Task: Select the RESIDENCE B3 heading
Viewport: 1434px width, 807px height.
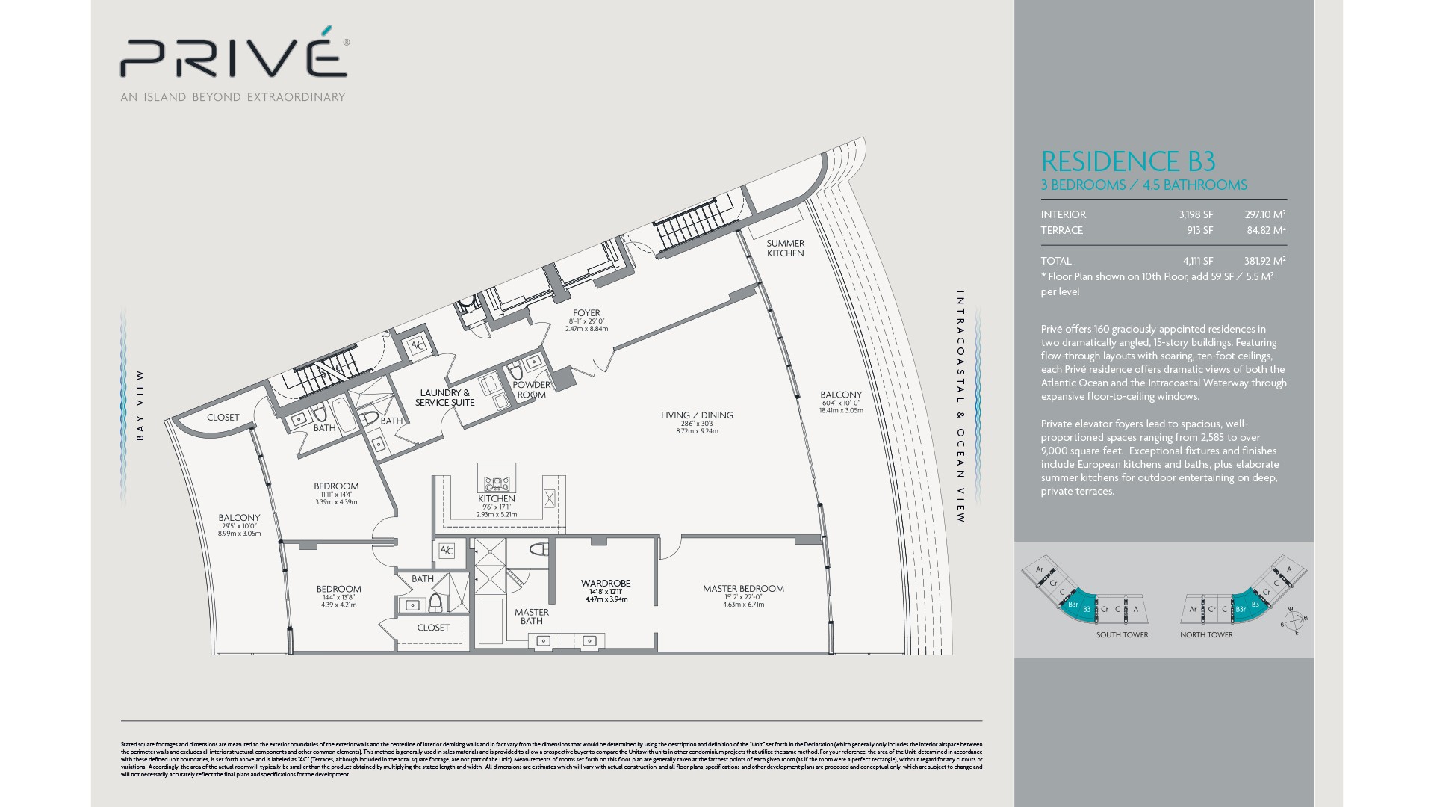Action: [x=1128, y=161]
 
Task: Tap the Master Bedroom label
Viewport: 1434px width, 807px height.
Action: [x=743, y=589]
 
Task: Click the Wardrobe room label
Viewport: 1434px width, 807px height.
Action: [x=606, y=584]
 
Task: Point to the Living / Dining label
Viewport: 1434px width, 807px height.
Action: [x=697, y=415]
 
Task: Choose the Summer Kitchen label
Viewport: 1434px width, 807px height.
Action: [x=785, y=248]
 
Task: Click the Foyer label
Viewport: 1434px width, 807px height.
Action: [x=586, y=314]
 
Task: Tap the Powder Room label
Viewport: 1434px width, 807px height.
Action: [x=531, y=390]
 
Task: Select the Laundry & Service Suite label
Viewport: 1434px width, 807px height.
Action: [x=445, y=398]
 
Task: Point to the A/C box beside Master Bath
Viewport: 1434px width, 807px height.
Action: [x=446, y=551]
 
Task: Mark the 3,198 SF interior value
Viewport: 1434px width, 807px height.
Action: [x=1196, y=215]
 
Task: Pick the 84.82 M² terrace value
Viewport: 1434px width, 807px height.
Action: [x=1266, y=231]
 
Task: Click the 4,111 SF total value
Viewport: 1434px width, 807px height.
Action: [x=1197, y=262]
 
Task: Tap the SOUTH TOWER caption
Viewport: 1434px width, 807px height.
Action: [x=1122, y=635]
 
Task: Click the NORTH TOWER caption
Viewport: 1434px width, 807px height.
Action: [x=1206, y=635]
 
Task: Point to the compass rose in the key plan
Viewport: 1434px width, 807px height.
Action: [x=1294, y=620]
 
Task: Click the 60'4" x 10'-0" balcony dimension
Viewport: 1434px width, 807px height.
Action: [x=841, y=403]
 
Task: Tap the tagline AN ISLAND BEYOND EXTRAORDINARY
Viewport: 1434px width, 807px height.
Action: [x=233, y=97]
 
